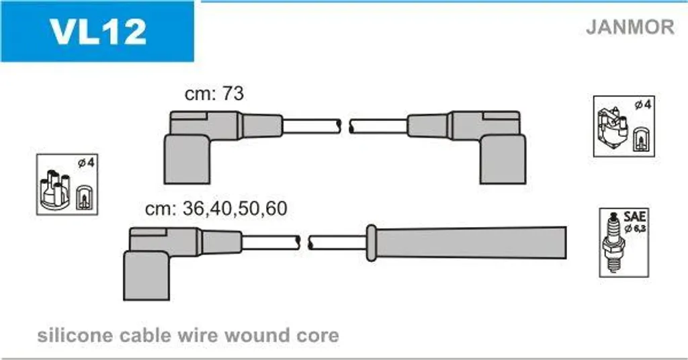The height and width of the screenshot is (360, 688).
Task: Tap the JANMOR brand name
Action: (x=630, y=27)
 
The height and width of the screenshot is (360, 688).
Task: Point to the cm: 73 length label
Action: (x=214, y=93)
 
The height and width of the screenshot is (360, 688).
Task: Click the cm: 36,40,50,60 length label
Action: (x=216, y=208)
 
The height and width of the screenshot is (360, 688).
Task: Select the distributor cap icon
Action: (x=54, y=189)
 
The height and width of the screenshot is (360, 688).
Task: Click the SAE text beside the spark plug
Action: (x=634, y=217)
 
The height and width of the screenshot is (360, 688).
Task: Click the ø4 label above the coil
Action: (x=643, y=105)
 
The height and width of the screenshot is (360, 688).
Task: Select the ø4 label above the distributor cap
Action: (x=85, y=163)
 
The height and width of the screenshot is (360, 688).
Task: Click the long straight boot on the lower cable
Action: (x=468, y=242)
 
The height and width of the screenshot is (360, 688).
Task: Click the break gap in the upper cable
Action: (x=345, y=126)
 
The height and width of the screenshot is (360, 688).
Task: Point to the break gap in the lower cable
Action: (x=304, y=242)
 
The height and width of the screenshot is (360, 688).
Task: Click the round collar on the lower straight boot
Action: (x=371, y=242)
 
